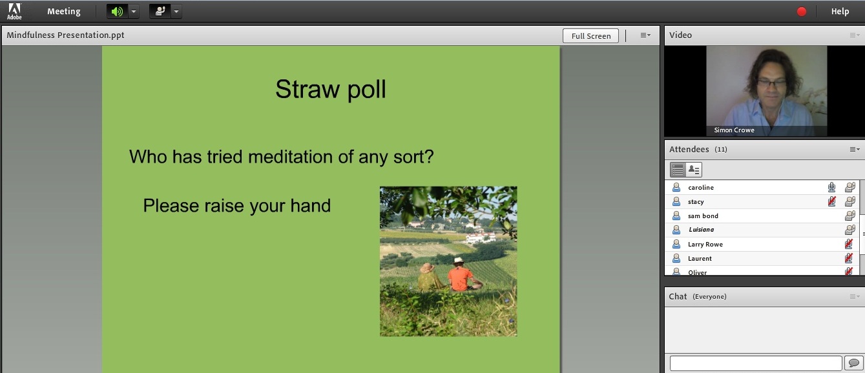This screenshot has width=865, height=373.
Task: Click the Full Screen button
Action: pos(590,36)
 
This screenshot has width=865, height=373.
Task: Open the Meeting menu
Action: pos(64,11)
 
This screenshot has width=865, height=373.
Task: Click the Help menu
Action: pos(840,11)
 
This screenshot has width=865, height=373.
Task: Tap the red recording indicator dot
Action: pos(801,12)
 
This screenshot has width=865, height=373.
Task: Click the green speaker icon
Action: pos(117,12)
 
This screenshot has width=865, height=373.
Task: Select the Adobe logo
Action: pos(14,11)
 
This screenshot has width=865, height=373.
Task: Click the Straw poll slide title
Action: pos(331,89)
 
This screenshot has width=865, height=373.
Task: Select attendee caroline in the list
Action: pos(700,187)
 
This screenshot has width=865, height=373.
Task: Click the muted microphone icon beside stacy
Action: pos(832,201)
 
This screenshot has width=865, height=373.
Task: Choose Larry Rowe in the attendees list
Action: pos(705,244)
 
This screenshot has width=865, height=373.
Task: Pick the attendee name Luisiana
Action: pos(702,230)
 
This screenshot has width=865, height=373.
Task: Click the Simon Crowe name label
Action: pos(734,130)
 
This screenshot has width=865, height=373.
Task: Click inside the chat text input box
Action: pos(756,363)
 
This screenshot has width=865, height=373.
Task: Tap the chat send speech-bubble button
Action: pos(853,363)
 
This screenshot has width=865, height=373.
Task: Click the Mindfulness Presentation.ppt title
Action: pos(65,35)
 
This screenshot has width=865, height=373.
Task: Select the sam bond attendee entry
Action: pos(703,216)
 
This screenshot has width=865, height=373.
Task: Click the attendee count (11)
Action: pos(720,149)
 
